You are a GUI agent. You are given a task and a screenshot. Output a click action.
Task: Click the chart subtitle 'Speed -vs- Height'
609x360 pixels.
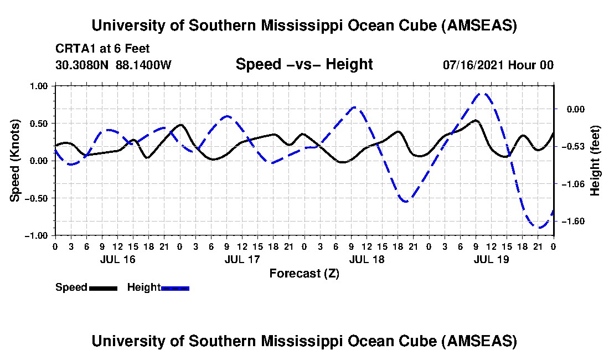304,64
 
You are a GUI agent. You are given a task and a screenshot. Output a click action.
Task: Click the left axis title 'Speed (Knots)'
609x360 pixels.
16,160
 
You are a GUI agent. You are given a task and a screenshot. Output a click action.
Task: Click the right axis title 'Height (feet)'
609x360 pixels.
595,160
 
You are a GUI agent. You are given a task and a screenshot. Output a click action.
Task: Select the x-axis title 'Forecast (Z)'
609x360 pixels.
304,273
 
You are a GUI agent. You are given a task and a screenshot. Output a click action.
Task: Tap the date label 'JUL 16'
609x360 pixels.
117,259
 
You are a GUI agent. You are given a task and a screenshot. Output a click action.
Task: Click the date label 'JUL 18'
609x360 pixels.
367,259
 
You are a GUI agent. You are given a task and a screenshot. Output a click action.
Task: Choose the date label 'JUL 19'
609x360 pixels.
491,259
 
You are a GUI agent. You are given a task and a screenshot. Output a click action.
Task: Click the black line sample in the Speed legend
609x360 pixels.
103,287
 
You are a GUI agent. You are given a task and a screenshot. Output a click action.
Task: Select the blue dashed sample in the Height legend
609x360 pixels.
175,287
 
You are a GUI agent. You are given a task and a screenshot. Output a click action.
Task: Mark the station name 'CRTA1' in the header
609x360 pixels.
73,49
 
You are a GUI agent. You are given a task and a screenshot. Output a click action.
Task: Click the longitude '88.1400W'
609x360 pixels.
144,65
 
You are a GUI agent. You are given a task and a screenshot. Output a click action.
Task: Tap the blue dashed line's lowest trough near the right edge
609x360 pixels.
539,227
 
